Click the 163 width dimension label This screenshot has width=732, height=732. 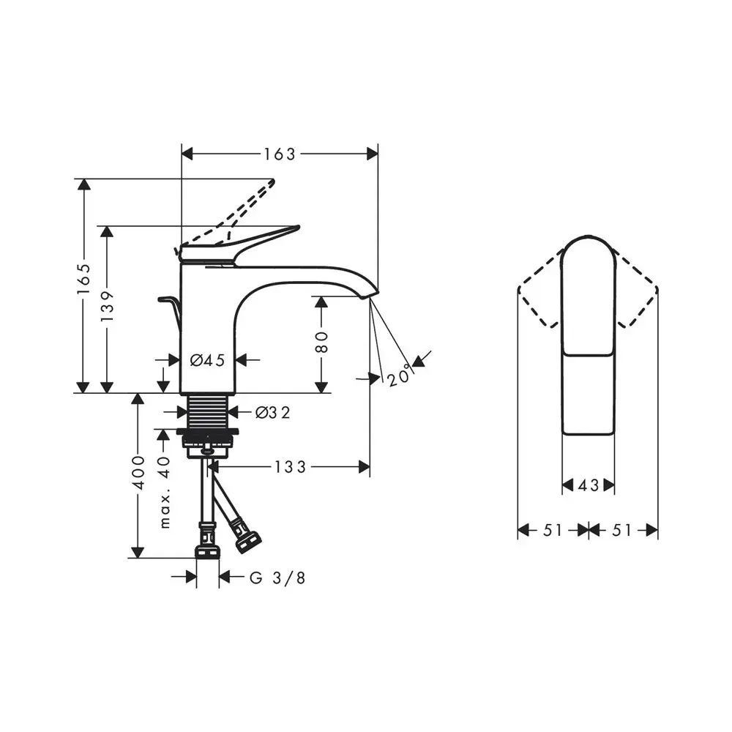(280, 154)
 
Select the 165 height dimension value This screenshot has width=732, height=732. (84, 278)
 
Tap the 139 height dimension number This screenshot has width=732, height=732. (108, 306)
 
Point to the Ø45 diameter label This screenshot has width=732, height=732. (207, 360)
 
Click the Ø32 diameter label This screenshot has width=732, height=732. (272, 412)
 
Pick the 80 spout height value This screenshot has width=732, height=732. (321, 342)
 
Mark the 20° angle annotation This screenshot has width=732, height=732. (400, 375)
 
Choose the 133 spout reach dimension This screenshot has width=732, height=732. (290, 466)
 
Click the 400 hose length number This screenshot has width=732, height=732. (138, 472)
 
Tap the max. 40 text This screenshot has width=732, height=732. (164, 492)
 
